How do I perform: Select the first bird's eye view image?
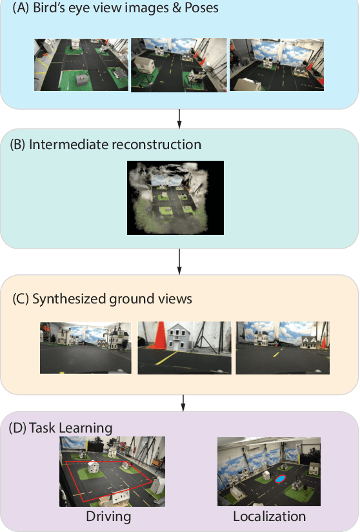pyautogui.click(x=81, y=64)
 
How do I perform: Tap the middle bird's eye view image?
pyautogui.click(x=179, y=64)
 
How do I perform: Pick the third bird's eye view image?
pyautogui.click(x=276, y=64)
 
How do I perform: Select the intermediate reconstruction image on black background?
pyautogui.click(x=175, y=197)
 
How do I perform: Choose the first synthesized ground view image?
pyautogui.click(x=86, y=347)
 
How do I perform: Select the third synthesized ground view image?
pyautogui.click(x=281, y=347)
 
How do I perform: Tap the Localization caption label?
pyautogui.click(x=270, y=517)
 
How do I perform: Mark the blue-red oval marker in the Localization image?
pyautogui.click(x=279, y=478)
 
